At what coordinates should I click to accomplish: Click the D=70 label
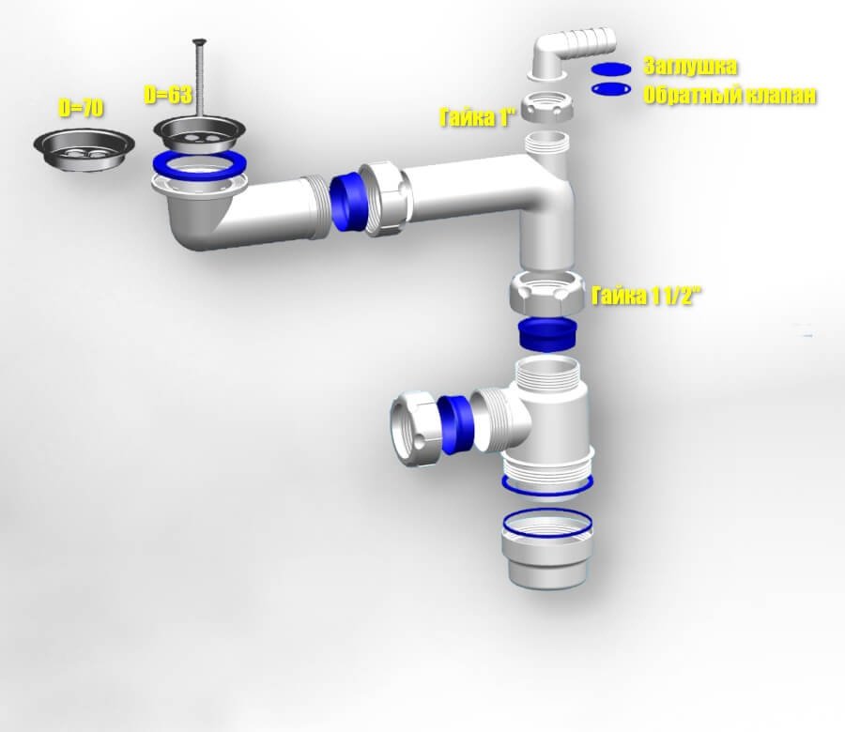[x=81, y=109]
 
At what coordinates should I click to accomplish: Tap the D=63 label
[x=168, y=95]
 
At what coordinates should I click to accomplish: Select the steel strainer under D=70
[x=84, y=148]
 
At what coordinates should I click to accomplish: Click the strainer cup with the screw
[x=199, y=134]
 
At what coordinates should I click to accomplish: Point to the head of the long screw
[x=199, y=41]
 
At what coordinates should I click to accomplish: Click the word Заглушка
[x=690, y=67]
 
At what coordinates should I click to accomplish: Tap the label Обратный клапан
[x=730, y=96]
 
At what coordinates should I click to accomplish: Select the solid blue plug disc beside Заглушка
[x=610, y=69]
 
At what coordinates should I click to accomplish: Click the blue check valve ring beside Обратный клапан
[x=610, y=88]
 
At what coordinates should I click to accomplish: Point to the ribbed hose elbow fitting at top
[x=570, y=53]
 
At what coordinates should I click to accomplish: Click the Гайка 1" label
[x=479, y=117]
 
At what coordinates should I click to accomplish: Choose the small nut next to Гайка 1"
[x=547, y=107]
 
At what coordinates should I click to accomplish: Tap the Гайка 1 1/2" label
[x=647, y=296]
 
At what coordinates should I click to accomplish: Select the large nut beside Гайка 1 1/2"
[x=547, y=292]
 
